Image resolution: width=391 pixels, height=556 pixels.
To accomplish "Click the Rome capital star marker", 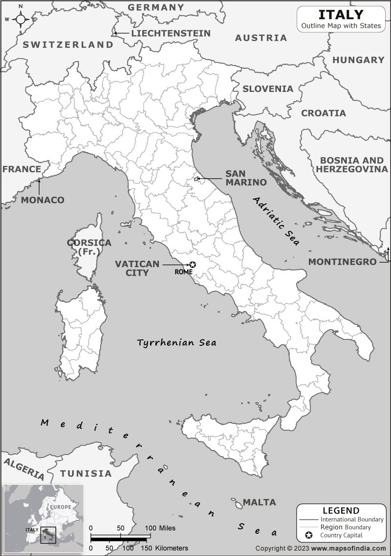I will coord(193,265).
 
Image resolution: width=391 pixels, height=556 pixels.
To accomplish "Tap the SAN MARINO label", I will coord(245,178).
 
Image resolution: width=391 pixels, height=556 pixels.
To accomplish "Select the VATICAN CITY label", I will coord(137,268).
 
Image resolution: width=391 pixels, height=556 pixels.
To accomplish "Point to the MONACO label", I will coord(43,200).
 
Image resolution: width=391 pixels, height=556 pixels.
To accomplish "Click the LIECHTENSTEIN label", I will coord(171,33).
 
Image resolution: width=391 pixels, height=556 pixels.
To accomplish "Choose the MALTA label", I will coord(259,502).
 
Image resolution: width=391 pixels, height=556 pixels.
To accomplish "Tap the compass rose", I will coord(21,20).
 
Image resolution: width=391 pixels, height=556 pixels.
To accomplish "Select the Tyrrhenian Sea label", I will coord(176,342).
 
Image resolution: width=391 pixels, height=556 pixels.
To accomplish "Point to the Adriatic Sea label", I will coord(277,222).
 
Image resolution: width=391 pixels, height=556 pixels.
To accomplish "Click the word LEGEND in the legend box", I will coord(341,511).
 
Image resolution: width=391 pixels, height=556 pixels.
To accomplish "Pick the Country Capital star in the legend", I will coord(309,535).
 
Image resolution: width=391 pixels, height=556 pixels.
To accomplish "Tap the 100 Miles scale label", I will coord(160,528).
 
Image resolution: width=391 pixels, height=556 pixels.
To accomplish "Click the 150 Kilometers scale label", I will coord(167,548).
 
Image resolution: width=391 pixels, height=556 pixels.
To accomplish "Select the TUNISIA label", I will coord(86,473).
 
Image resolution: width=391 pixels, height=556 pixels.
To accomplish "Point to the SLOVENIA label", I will coord(268,89).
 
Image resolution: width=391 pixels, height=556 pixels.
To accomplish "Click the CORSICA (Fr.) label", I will coord(89,247).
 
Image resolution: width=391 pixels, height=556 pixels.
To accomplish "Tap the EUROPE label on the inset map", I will coord(60,507).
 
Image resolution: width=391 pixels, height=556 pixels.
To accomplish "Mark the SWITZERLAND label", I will coord(68,44).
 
